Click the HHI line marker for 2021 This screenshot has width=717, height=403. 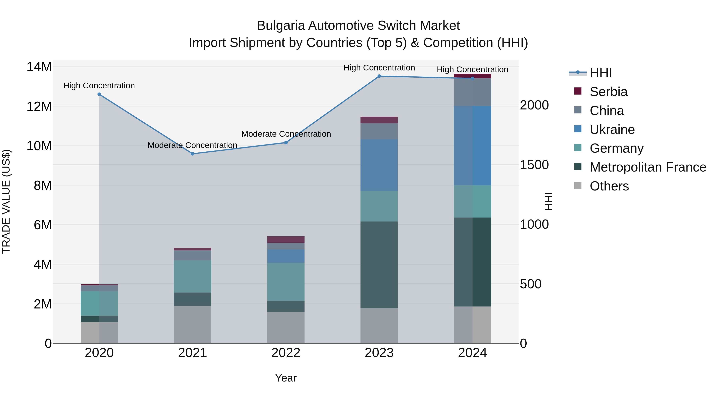pos(192,154)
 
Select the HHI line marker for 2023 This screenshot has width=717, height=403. pos(379,76)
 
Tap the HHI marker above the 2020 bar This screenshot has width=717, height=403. pos(99,94)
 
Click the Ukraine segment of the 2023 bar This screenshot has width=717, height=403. pos(379,165)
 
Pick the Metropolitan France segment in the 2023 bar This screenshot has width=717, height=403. pos(379,264)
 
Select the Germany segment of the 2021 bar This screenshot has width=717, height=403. pos(192,276)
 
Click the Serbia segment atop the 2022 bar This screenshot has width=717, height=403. pos(286,239)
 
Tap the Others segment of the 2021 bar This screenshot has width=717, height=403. pos(192,324)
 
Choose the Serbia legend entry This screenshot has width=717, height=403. pos(608,92)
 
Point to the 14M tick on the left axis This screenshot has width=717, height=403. pos(39,67)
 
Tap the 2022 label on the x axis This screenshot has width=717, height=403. pos(286,353)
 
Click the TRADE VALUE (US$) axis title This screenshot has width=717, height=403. pos(6,201)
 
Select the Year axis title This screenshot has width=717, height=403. pos(286,378)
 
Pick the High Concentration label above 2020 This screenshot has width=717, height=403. pos(99,85)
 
